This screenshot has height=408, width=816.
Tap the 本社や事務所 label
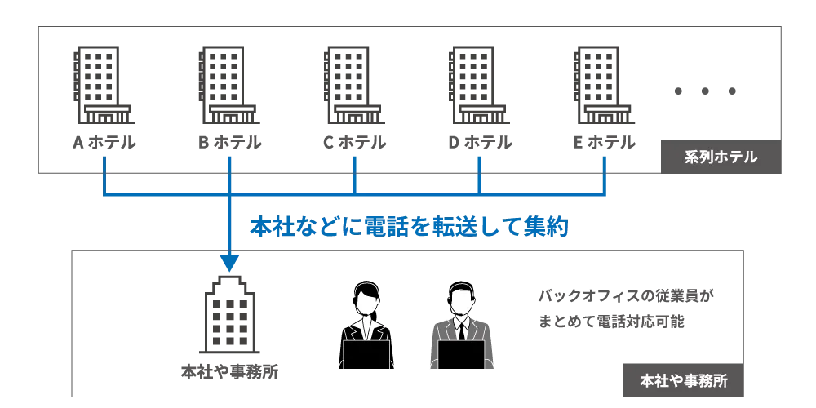click(x=683, y=380)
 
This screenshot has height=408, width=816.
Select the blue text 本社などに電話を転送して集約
click(x=407, y=227)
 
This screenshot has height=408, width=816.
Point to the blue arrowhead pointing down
click(x=229, y=263)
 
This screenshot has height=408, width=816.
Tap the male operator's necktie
click(x=461, y=331)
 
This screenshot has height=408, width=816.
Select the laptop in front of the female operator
click(x=366, y=356)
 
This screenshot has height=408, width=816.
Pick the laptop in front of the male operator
click(x=461, y=356)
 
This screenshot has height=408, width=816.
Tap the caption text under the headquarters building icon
click(x=228, y=374)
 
